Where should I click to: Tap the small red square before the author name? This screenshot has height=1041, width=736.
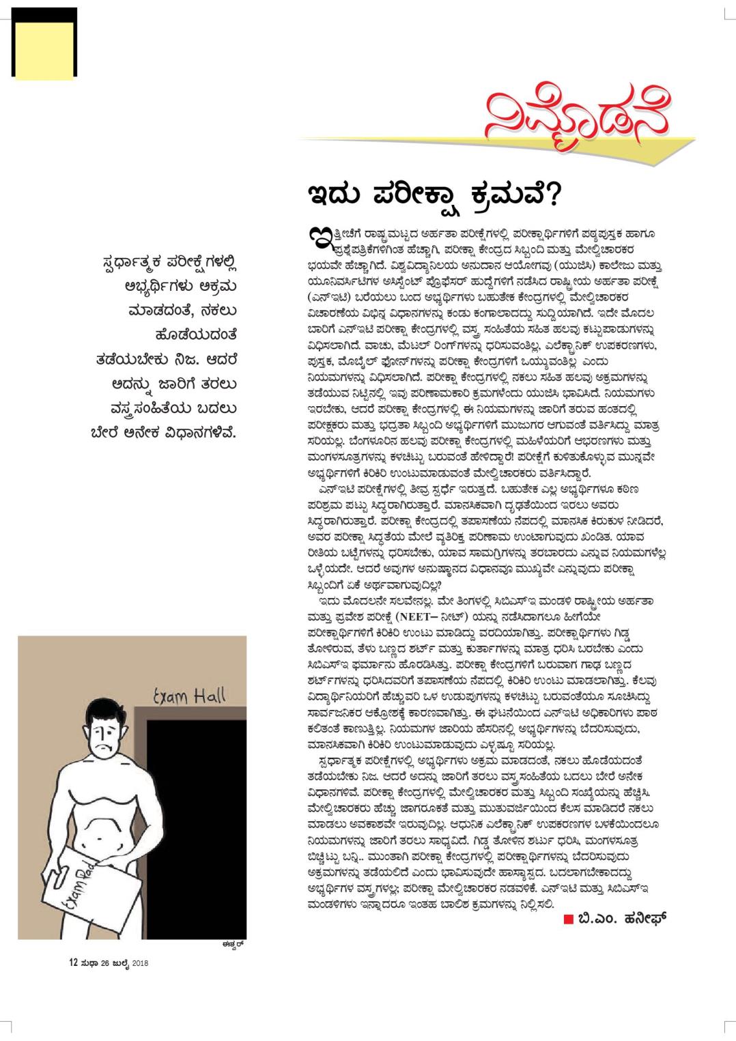(x=568, y=919)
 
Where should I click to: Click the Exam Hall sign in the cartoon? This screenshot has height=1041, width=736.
(x=188, y=697)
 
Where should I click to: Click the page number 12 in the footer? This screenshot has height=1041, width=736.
(x=72, y=963)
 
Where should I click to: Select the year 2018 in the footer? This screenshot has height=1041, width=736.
(x=139, y=964)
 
